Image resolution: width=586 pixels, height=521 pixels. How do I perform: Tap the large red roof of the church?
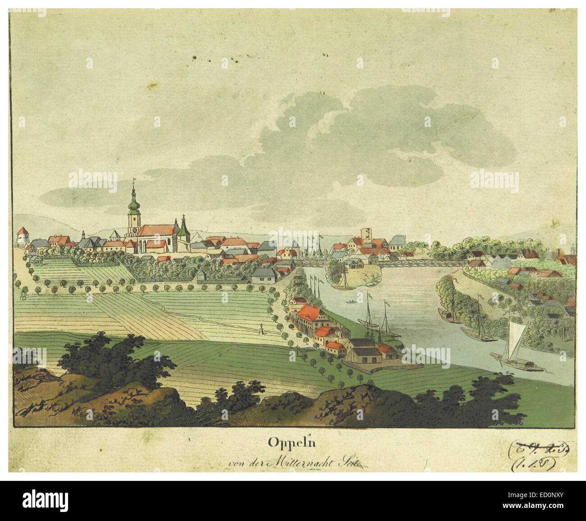[156, 231]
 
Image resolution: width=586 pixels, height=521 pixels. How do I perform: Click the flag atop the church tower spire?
[133, 181]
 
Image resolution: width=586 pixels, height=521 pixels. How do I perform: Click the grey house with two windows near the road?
[263, 276]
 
